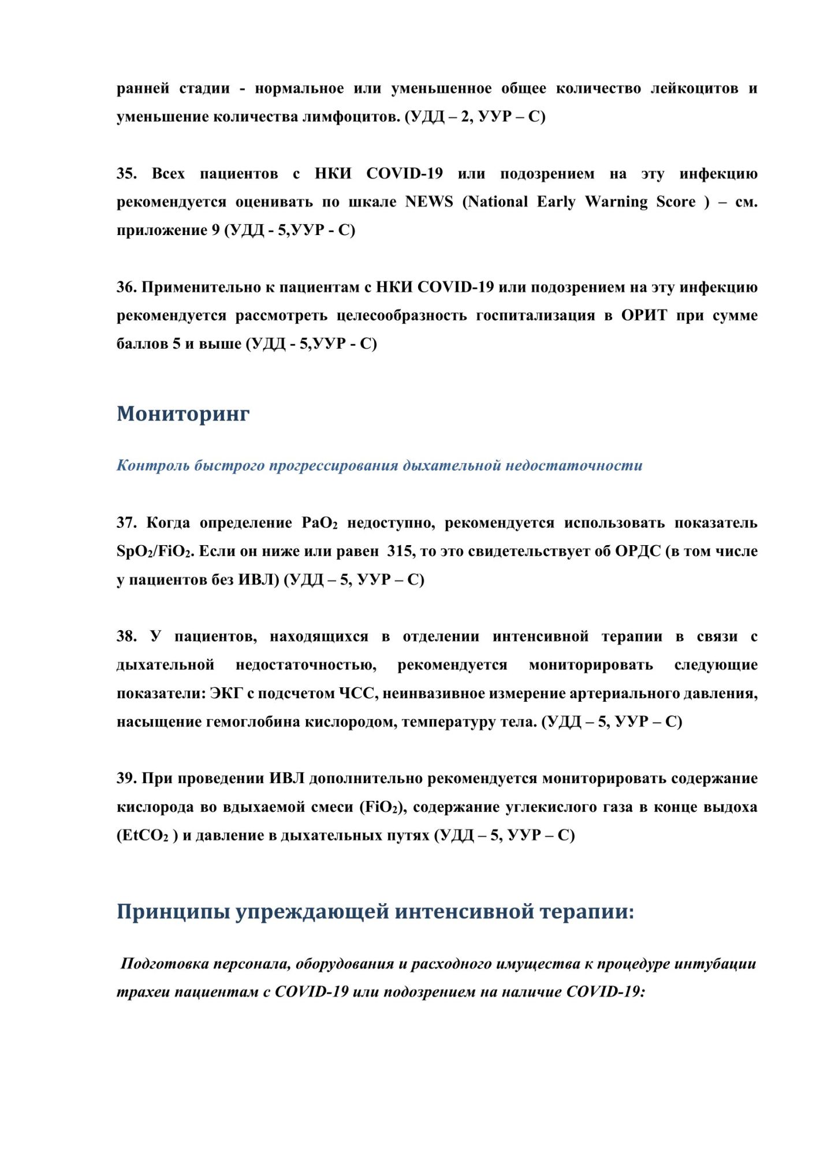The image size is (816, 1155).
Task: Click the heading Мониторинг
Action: pyautogui.click(x=183, y=413)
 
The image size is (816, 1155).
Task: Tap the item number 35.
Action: pyautogui.click(x=126, y=174)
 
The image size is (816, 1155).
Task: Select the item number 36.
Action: pyautogui.click(x=126, y=287)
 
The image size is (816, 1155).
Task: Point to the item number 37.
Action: pyautogui.click(x=126, y=523)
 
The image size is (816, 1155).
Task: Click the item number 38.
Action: pyautogui.click(x=126, y=636)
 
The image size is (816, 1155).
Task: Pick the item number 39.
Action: pyautogui.click(x=126, y=778)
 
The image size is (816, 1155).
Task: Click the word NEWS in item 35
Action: pyautogui.click(x=429, y=202)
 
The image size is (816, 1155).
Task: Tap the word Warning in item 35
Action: pyautogui.click(x=616, y=202)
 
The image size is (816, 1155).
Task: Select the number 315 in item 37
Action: pyautogui.click(x=400, y=551)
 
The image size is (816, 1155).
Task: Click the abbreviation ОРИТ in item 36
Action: pyautogui.click(x=644, y=315)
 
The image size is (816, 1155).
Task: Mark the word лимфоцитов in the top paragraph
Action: pyautogui.click(x=351, y=117)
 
